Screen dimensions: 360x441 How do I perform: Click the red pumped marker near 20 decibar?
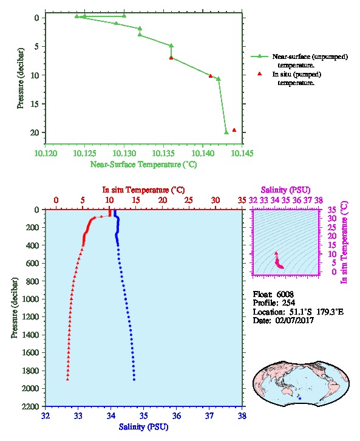(234, 130)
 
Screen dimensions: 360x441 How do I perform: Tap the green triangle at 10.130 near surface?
(124, 16)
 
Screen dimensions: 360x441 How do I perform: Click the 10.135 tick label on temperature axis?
(163, 153)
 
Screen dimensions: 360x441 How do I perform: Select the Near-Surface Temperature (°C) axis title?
(143, 164)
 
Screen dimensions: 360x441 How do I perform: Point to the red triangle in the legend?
(260, 73)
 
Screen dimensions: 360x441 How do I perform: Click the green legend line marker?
(260, 56)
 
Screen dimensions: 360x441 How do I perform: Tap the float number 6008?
(285, 294)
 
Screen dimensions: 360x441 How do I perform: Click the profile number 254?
(288, 303)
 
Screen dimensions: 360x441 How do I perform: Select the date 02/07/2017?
(294, 320)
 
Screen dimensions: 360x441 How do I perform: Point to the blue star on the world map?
(300, 398)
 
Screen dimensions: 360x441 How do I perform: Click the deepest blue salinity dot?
(134, 380)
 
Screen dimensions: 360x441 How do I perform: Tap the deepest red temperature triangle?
(67, 379)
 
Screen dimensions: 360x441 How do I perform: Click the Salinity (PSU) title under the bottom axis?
(143, 426)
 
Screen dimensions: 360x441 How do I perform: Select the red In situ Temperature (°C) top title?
(143, 190)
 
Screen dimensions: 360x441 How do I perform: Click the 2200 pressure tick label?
(30, 406)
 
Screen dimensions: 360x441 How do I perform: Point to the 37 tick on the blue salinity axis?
(209, 415)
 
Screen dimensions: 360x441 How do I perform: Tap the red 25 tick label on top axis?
(189, 200)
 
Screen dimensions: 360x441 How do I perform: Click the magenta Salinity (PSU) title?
(285, 190)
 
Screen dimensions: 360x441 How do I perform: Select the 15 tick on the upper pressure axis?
(35, 104)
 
